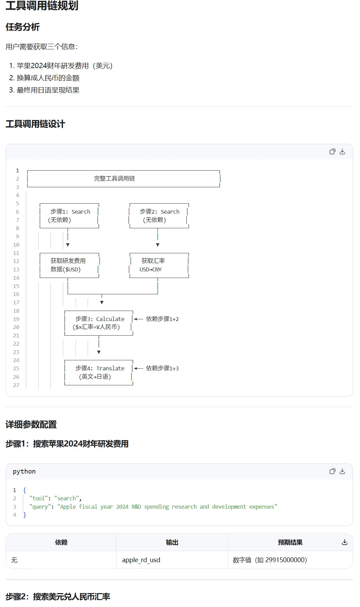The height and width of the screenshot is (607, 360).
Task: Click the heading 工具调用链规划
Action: pyautogui.click(x=42, y=6)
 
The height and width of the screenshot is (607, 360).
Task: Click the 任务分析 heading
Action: pyautogui.click(x=23, y=27)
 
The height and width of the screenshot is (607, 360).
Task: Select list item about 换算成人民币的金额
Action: pyautogui.click(x=48, y=78)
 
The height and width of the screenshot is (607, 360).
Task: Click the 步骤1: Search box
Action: pyautogui.click(x=69, y=216)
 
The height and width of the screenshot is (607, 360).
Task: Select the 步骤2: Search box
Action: pyautogui.click(x=159, y=216)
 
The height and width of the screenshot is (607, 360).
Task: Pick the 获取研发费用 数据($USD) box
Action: pyautogui.click(x=69, y=265)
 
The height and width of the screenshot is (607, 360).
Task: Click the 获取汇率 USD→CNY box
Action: pyautogui.click(x=159, y=265)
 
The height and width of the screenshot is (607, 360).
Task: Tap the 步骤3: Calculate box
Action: pyautogui.click(x=99, y=323)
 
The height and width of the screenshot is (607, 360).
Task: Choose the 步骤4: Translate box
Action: pyautogui.click(x=99, y=372)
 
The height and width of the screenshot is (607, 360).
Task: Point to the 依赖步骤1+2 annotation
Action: pyautogui.click(x=162, y=319)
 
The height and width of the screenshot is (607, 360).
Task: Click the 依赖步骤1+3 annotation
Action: pyautogui.click(x=162, y=368)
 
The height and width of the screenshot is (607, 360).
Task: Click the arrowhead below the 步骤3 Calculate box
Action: pyautogui.click(x=99, y=352)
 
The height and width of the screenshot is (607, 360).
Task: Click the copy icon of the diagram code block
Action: pyautogui.click(x=333, y=151)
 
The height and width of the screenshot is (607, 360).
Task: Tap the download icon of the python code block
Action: pyautogui.click(x=342, y=471)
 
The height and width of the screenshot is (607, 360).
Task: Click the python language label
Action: pyautogui.click(x=24, y=471)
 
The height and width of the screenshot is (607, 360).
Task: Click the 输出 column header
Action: pyautogui.click(x=172, y=542)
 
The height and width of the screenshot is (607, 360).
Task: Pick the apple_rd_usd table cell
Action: pyautogui.click(x=141, y=560)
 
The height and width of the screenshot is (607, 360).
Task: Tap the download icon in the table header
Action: pyautogui.click(x=345, y=542)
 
